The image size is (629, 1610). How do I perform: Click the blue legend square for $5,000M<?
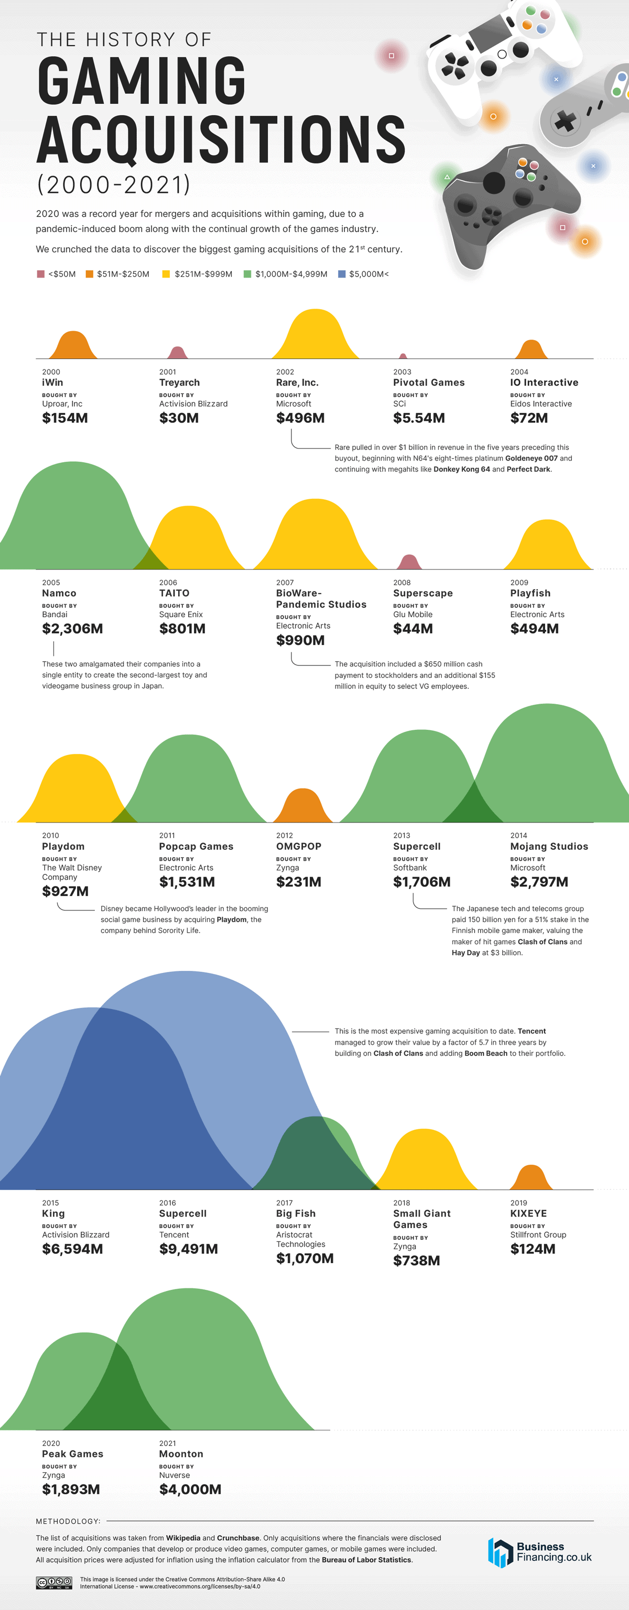(x=341, y=274)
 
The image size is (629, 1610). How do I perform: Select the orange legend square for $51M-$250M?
(x=90, y=274)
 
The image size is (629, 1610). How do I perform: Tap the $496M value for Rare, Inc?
(x=300, y=418)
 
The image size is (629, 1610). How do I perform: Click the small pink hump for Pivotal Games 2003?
(x=403, y=356)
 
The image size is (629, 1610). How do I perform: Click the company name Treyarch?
(x=179, y=382)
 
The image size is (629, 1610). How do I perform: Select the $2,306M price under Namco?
(x=72, y=629)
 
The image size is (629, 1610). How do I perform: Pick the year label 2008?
(x=402, y=583)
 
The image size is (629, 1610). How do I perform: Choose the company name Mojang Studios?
(x=549, y=846)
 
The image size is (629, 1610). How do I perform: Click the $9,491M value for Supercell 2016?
(x=188, y=1248)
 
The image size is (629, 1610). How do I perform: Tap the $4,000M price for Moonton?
(x=190, y=1489)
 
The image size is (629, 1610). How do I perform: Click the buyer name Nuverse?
(x=175, y=1475)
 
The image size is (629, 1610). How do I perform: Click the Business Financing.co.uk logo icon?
(x=500, y=1552)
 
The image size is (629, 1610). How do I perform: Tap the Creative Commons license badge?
(x=54, y=1583)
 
